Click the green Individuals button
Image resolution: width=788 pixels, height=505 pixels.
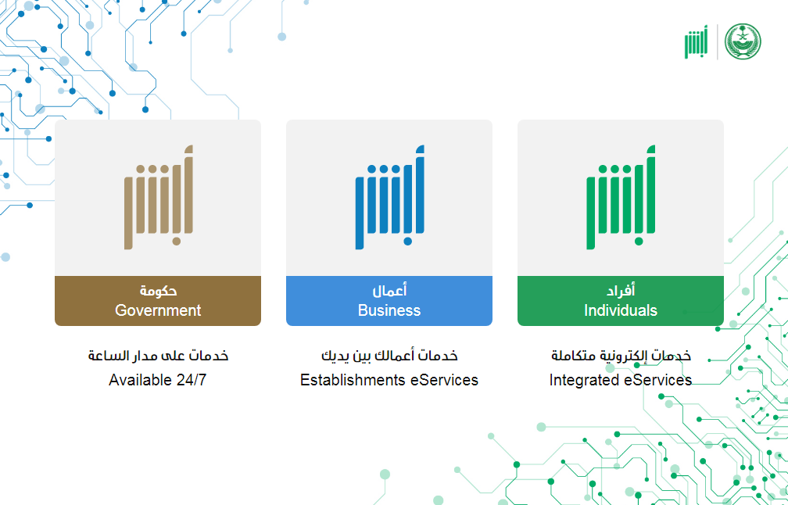point(620,300)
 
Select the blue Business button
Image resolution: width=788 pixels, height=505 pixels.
point(389,300)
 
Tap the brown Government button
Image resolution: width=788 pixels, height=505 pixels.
point(158,300)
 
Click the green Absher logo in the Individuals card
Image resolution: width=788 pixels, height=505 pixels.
point(621,197)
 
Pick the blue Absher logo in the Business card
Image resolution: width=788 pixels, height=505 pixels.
point(389,197)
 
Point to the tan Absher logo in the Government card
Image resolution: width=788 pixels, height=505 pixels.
point(158,197)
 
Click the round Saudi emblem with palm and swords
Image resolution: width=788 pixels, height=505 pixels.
point(743,41)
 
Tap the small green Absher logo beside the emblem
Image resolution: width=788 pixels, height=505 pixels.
point(696,41)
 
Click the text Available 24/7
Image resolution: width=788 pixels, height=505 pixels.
point(158,380)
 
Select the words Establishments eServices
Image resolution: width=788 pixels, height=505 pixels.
point(389,380)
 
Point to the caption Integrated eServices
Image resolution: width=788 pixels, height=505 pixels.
point(621,380)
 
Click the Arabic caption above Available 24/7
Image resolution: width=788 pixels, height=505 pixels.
point(158,356)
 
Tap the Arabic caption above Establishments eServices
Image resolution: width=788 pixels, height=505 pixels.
point(389,356)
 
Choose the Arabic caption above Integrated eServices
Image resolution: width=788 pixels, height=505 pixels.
point(621,356)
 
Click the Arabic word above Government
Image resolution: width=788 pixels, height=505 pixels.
point(158,291)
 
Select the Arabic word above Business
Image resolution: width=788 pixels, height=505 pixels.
point(389,290)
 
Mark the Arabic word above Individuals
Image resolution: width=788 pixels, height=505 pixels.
point(621,290)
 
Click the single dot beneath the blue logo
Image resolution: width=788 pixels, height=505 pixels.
point(407,242)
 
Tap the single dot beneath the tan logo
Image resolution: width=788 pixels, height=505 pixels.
point(177,242)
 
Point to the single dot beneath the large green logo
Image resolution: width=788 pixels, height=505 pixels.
point(639,242)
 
